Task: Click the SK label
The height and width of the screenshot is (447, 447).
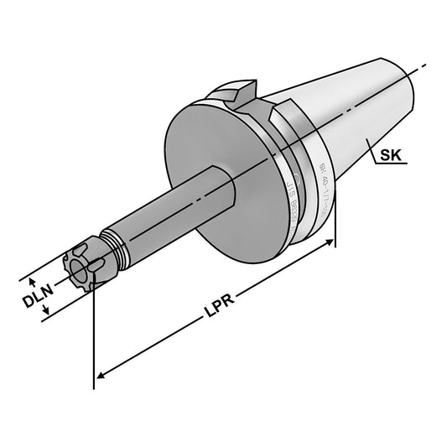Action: tap(391, 155)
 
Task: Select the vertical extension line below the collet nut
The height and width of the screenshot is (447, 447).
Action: tap(93, 335)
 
